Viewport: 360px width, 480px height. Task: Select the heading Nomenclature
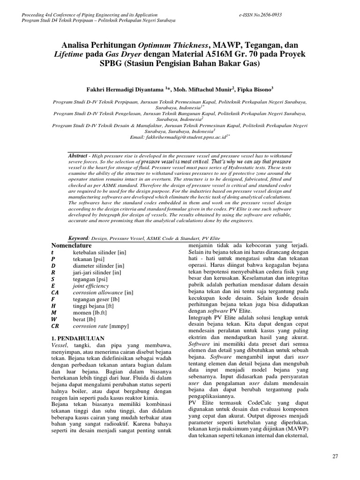click(x=71, y=245)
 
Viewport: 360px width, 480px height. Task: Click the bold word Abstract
click(x=79, y=155)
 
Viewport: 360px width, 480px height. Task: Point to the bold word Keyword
click(x=79, y=238)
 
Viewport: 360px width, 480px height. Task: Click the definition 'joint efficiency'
click(x=91, y=285)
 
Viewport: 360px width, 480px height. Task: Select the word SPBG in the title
click(x=112, y=64)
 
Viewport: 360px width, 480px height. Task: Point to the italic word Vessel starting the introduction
click(x=58, y=345)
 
